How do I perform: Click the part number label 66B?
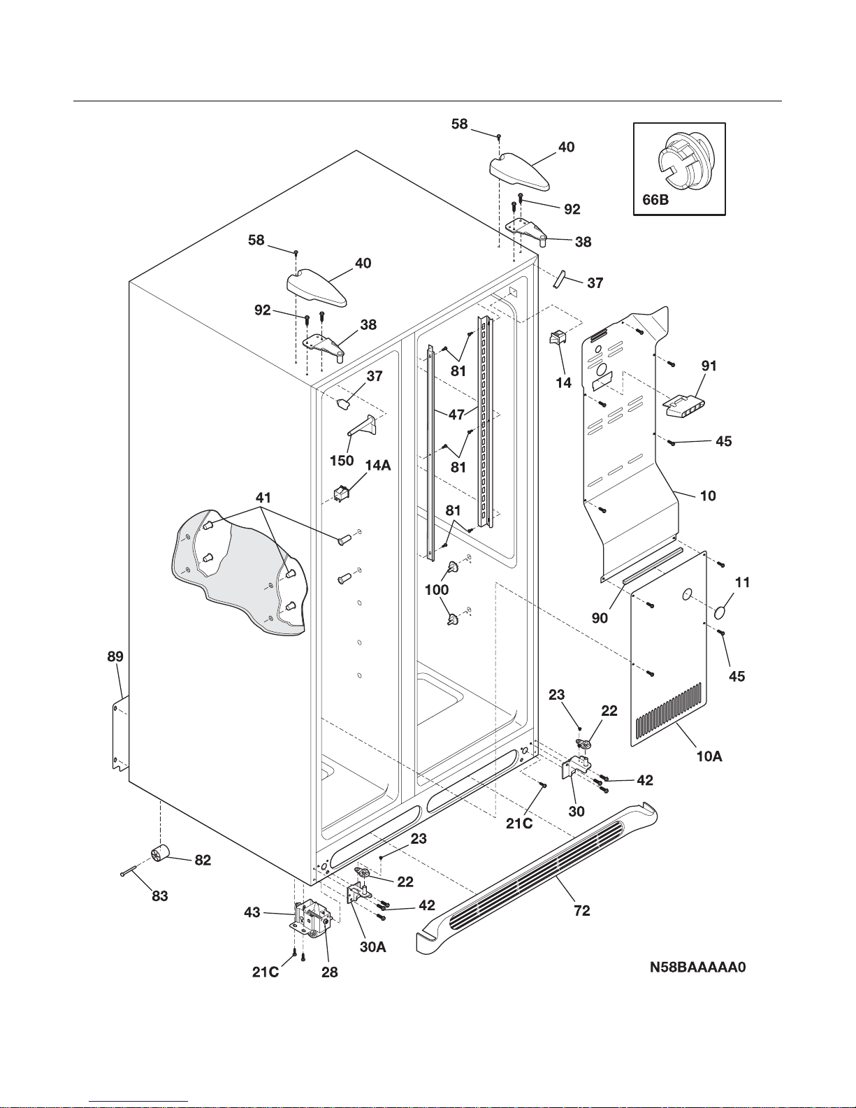click(655, 201)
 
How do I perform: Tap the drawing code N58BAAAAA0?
click(698, 967)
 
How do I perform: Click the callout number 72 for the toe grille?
click(581, 910)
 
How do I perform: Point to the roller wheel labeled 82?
click(161, 854)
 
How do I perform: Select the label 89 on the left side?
click(115, 656)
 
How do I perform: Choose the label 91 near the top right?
click(709, 366)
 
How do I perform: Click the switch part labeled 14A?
click(342, 494)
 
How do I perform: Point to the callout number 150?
click(342, 461)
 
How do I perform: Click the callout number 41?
click(263, 498)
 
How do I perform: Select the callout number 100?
click(437, 589)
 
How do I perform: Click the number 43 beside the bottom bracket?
click(252, 912)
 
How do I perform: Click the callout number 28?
click(329, 972)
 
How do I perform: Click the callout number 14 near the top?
click(563, 382)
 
